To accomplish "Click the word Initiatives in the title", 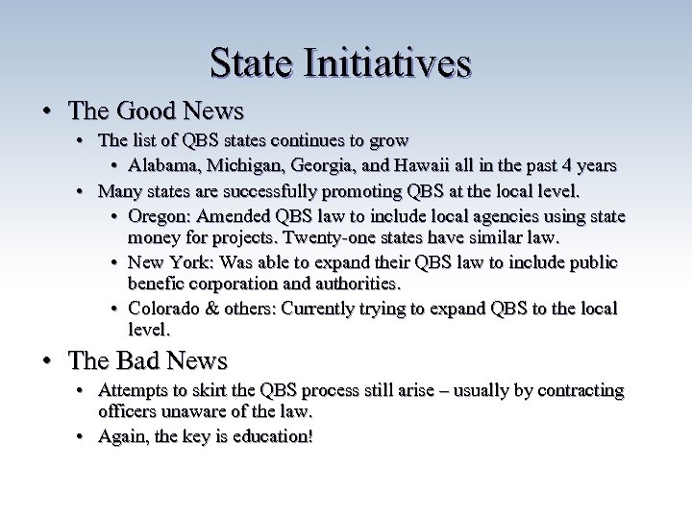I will coord(386,63).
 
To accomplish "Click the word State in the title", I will coord(250,63).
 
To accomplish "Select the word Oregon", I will coord(157,215).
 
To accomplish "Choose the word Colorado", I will coord(162,309).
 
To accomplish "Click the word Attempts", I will coord(134,391).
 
